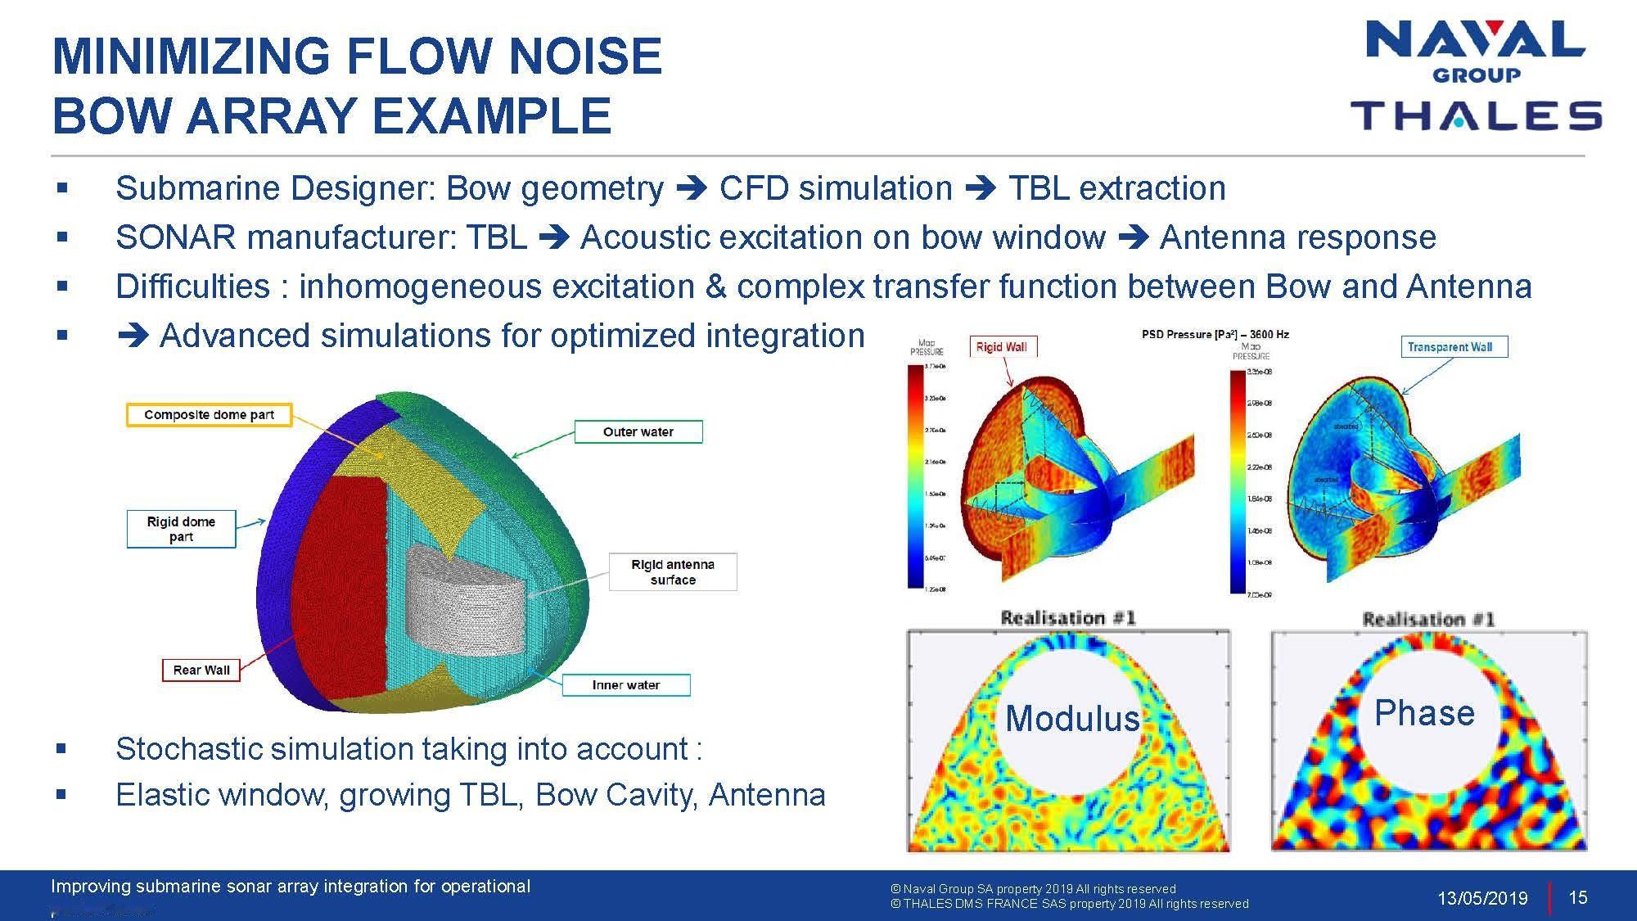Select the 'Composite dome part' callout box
(x=209, y=415)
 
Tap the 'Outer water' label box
(x=638, y=431)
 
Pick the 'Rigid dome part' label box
(x=181, y=529)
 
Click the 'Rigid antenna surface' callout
(x=672, y=571)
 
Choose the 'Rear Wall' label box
(x=201, y=670)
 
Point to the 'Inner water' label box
(x=625, y=684)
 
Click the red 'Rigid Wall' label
(x=1001, y=347)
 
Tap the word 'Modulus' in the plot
(x=1071, y=719)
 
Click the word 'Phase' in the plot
(x=1424, y=713)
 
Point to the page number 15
(x=1577, y=897)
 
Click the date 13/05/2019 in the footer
(x=1482, y=898)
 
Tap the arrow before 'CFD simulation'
(x=692, y=189)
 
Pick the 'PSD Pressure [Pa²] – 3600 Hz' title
(x=1215, y=334)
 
